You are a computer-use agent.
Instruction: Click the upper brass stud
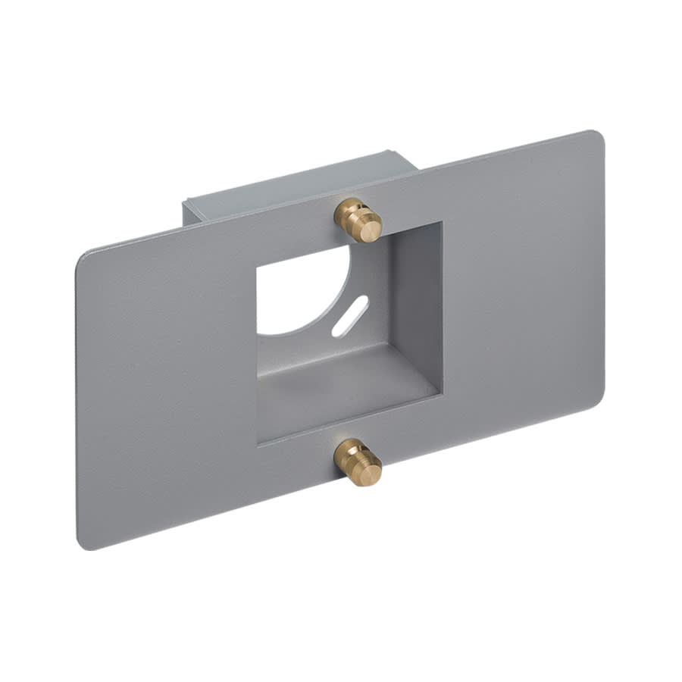(358, 219)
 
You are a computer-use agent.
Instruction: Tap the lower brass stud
(358, 461)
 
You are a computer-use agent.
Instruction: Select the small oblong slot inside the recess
(349, 314)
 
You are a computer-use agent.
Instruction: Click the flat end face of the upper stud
(370, 228)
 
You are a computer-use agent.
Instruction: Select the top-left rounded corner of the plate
(83, 255)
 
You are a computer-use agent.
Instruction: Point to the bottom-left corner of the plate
(81, 545)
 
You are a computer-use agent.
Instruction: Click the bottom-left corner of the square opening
(259, 443)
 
